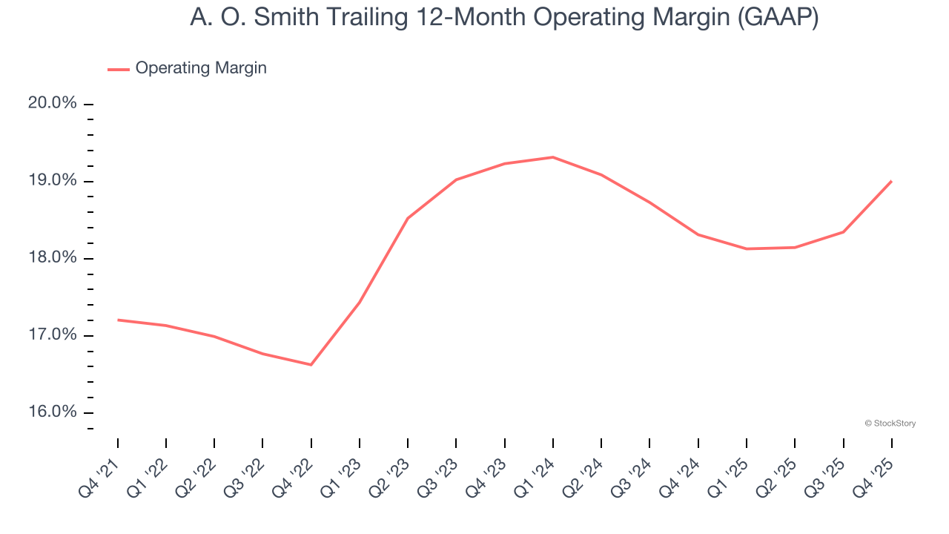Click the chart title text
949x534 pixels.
coord(504,16)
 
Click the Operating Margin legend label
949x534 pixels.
coord(201,68)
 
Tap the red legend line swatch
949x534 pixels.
coord(119,69)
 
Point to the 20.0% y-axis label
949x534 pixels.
coord(53,103)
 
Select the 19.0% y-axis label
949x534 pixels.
coord(53,181)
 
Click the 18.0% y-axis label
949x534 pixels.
coord(53,258)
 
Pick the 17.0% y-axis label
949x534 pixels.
coord(53,335)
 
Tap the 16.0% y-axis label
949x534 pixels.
coord(53,412)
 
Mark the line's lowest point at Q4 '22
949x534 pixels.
coord(311,365)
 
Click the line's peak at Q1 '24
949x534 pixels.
coord(553,157)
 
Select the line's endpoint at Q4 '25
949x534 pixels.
coord(891,181)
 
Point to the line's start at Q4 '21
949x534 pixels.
coord(118,320)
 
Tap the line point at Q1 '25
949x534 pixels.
coord(747,248)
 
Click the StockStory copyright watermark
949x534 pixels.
coord(890,423)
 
